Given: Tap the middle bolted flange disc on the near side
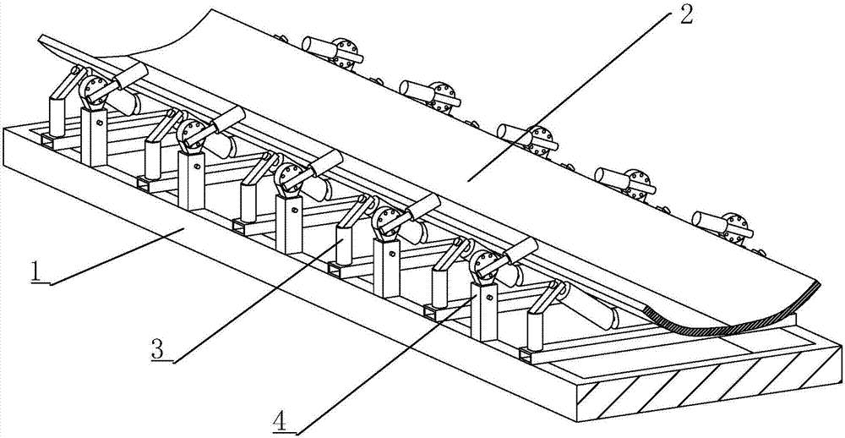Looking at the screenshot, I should (289, 178).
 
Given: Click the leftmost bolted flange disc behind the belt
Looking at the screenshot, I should (343, 51).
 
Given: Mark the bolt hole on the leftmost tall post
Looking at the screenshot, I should (100, 123).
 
